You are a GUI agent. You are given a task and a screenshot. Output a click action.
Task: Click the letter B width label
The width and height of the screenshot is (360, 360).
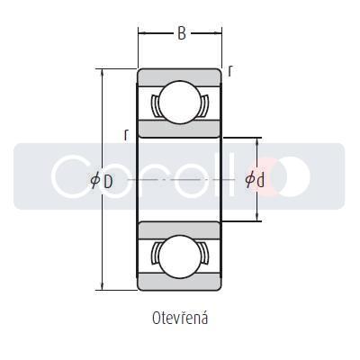pos(181,34)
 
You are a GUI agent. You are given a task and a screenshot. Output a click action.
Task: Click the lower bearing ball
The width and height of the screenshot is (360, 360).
pos(178,254)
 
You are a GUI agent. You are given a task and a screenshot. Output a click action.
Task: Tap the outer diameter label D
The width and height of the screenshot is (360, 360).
pos(108,181)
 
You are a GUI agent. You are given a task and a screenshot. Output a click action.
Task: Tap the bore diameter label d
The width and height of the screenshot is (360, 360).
pos(260,181)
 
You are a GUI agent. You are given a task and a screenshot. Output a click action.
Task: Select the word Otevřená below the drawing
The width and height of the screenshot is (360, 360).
pos(180,318)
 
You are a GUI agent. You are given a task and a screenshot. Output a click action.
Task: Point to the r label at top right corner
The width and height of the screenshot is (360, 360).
pos(230,71)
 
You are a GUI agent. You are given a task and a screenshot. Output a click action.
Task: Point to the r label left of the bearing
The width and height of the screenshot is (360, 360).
pos(126,135)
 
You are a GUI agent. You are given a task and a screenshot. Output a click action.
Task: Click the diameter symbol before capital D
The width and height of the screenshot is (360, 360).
pos(95,181)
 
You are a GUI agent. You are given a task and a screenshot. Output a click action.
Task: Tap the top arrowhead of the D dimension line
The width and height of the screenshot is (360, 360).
pos(103,73)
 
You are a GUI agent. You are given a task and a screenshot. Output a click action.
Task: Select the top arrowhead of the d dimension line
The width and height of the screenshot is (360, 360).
pos(259,141)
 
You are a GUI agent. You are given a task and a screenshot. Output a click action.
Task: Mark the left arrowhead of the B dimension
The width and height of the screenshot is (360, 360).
pos(141,34)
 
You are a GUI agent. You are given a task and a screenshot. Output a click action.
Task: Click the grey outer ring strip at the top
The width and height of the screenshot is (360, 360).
pos(178,76)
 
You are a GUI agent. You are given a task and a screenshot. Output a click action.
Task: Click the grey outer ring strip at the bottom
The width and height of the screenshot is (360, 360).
pos(178,284)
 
